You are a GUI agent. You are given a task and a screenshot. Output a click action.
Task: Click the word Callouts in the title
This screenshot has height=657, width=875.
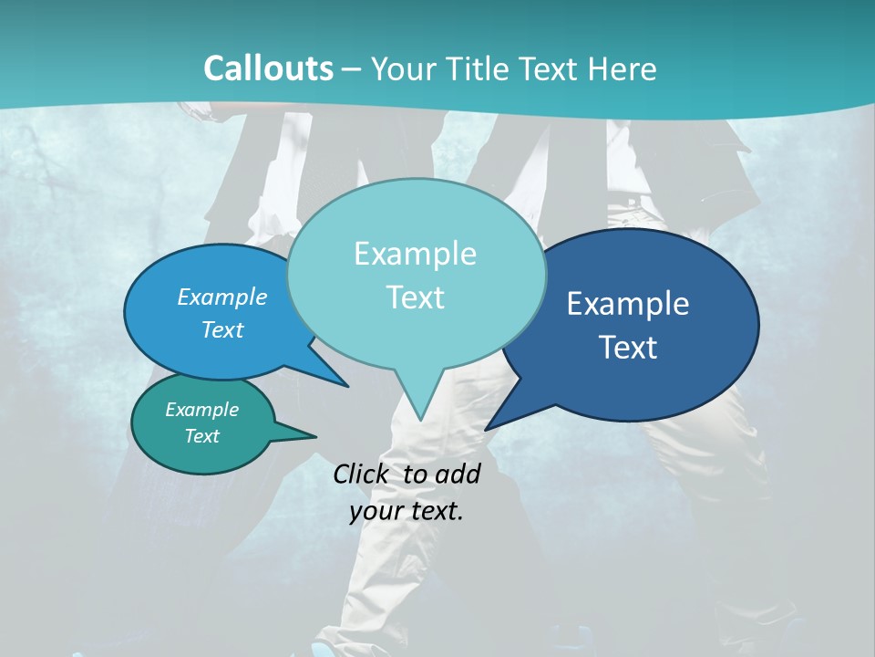[268, 68]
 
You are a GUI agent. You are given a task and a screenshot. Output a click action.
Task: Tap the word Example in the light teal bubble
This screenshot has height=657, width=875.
[415, 254]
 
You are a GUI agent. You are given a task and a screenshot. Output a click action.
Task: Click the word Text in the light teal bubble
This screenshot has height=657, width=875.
[415, 297]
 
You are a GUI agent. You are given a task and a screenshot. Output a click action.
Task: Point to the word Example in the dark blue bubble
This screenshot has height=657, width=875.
[628, 304]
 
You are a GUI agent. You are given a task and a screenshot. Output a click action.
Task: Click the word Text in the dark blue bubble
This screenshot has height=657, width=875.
[628, 348]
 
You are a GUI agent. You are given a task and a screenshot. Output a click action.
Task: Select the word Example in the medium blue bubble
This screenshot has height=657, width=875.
[222, 297]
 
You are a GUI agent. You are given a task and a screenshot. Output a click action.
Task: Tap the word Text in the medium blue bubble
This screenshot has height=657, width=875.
[222, 329]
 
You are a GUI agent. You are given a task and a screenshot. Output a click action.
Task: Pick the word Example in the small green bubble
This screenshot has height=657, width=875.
[202, 410]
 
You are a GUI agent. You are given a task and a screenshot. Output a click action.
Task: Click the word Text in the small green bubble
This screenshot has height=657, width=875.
[202, 435]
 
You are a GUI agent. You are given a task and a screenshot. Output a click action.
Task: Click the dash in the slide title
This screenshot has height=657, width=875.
[352, 69]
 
